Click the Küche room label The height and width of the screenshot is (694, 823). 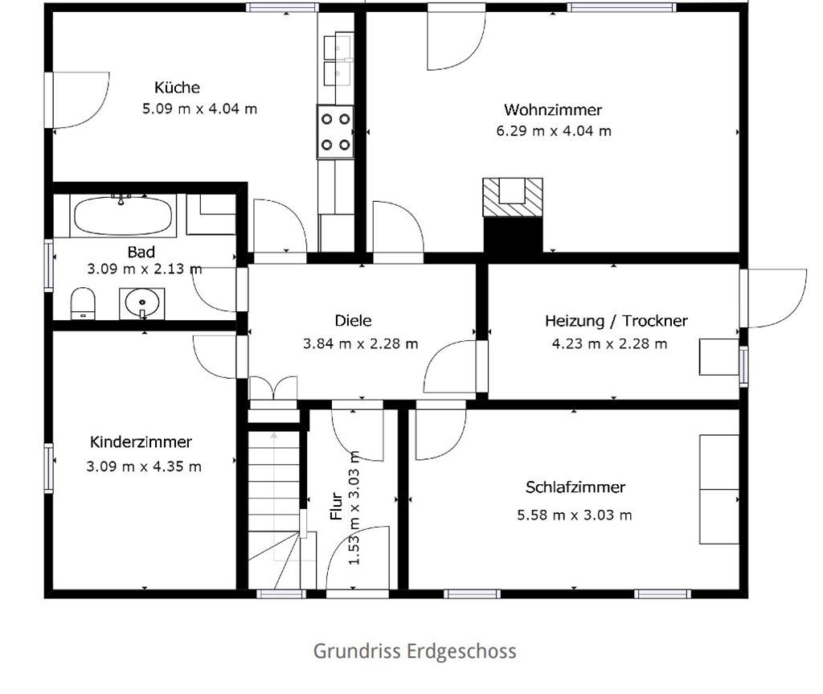pos(177,87)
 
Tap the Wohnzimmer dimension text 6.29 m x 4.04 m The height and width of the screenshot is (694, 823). pos(554,131)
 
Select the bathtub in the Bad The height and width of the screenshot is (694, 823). pos(123,216)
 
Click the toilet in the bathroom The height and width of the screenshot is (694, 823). pos(83,303)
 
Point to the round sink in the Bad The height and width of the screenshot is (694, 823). pos(141,303)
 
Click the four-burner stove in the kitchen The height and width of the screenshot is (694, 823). pos(335,131)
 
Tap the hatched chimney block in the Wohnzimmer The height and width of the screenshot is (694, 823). pos(512,198)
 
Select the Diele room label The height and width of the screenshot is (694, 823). pos(354,321)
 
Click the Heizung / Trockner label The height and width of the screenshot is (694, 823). pos(616,321)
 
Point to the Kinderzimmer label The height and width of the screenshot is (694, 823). pos(141,441)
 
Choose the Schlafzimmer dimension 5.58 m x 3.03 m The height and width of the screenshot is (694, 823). pos(574,515)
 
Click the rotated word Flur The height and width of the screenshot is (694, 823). pos(337,506)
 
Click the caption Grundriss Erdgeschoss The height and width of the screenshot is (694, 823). pos(415,651)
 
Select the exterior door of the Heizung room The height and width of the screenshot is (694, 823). pos(773,298)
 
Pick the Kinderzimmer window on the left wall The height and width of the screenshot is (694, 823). pos(49,468)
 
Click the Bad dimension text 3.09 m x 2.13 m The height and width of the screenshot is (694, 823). pos(145,269)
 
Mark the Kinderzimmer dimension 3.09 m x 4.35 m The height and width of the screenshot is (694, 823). pos(144,466)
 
